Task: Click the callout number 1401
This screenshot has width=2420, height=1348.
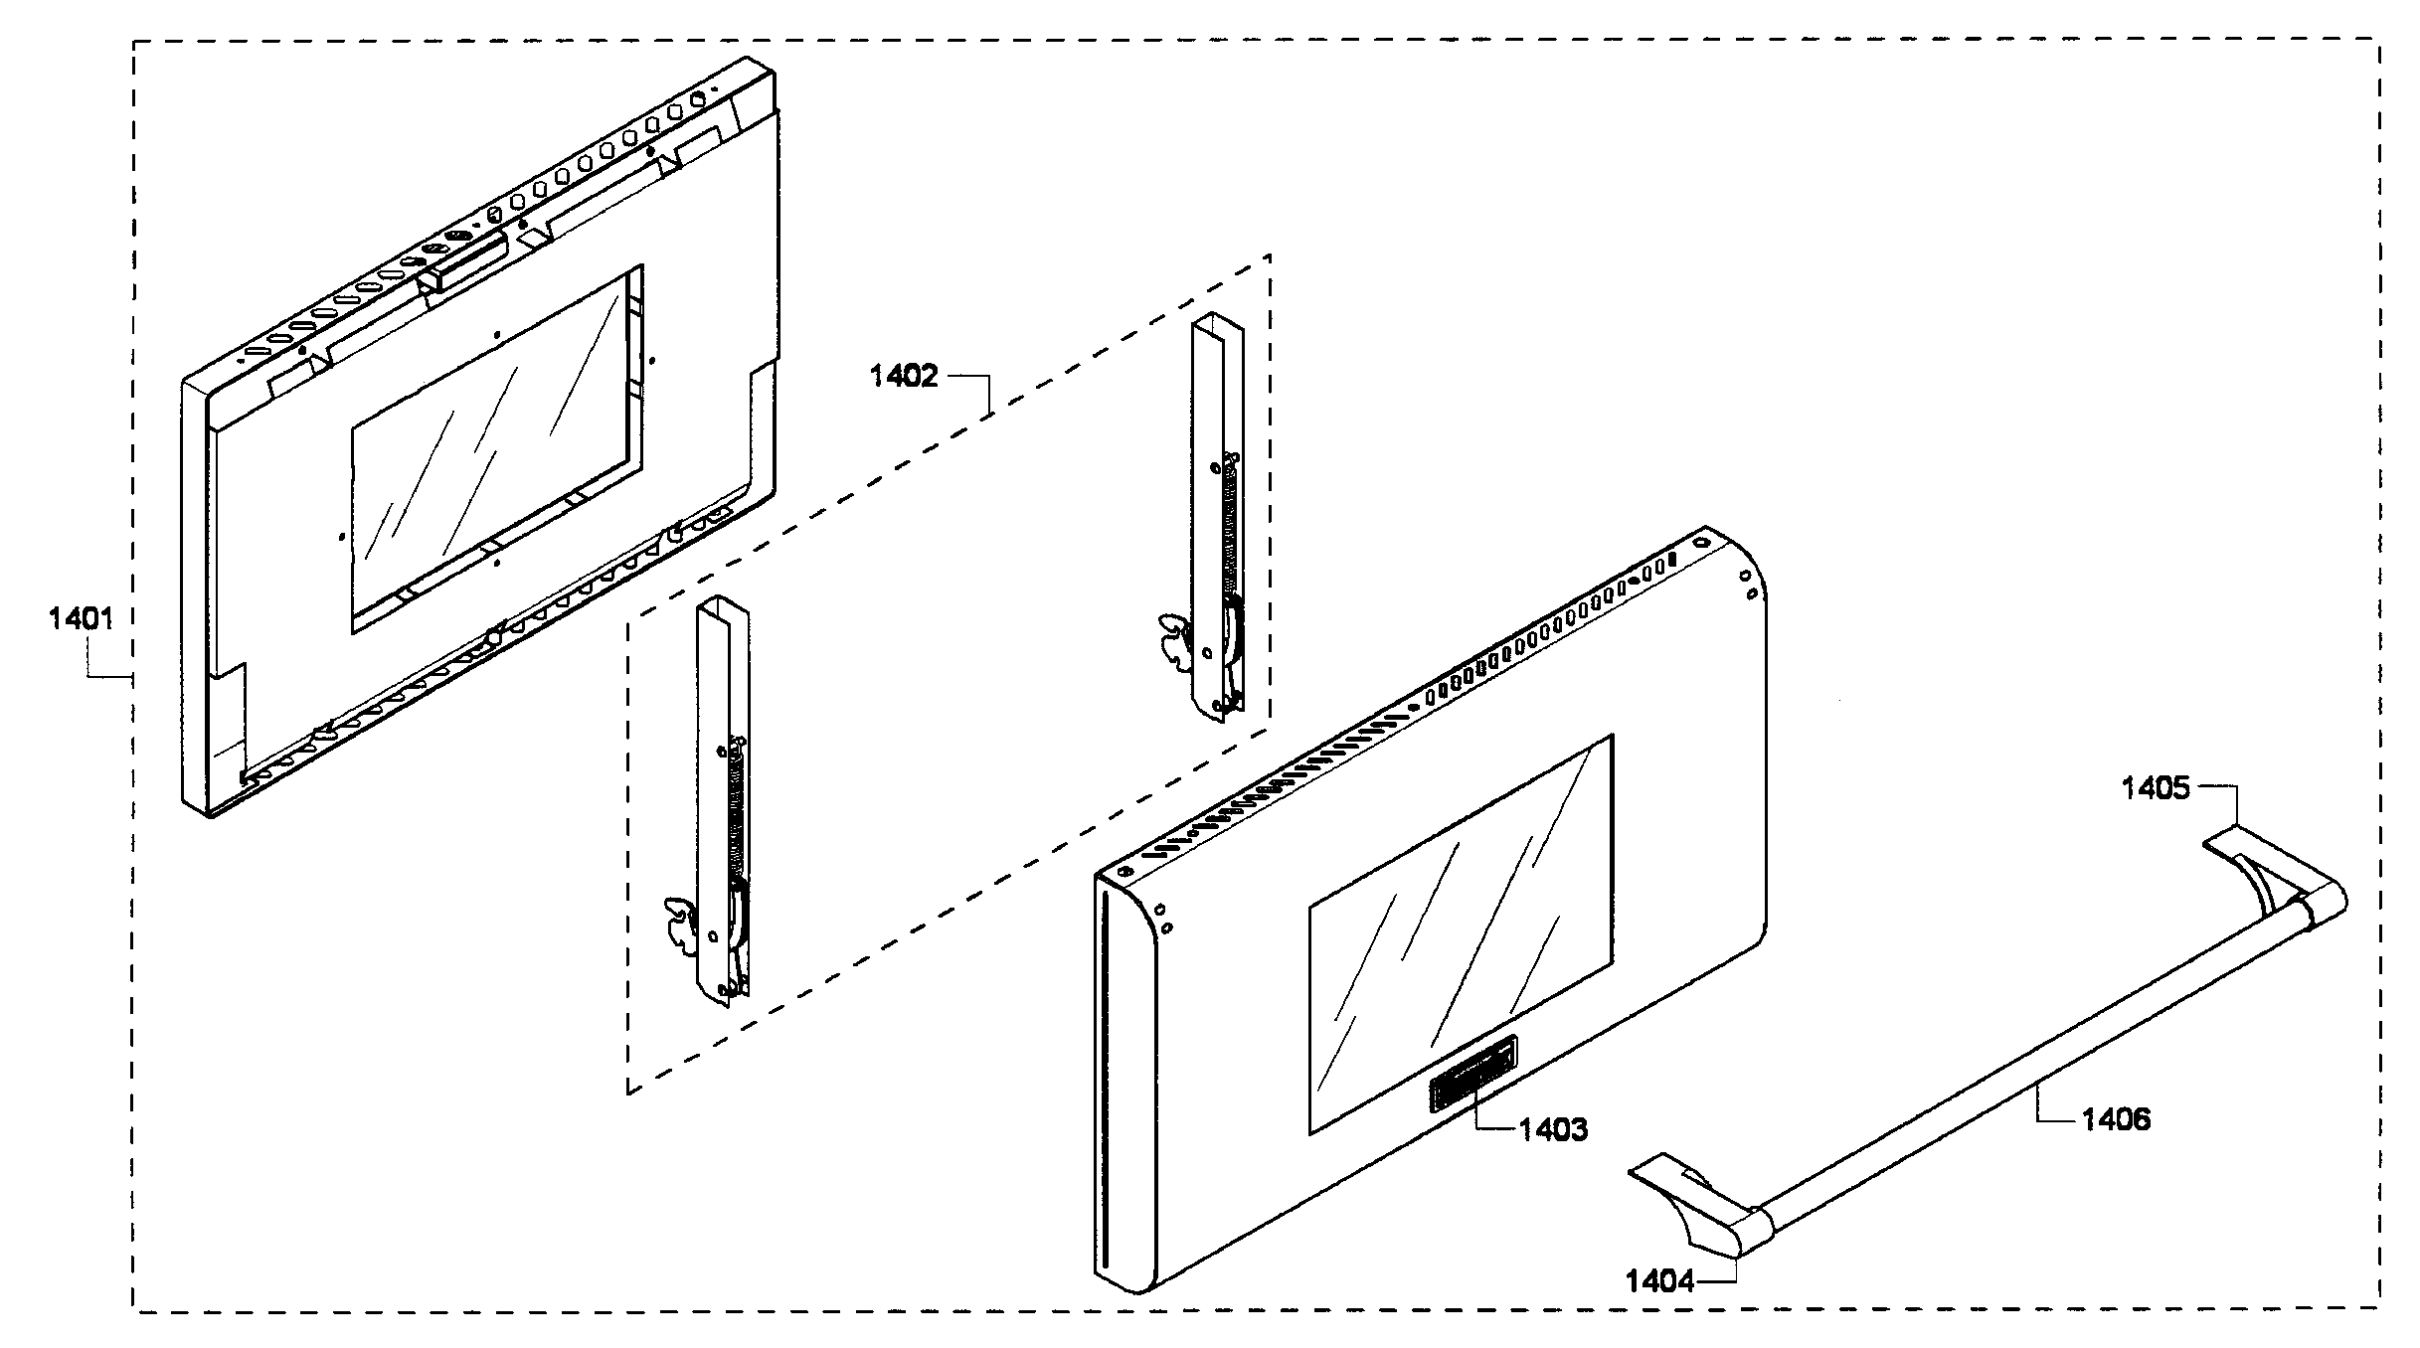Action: pos(81,619)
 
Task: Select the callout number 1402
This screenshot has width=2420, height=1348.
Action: pos(903,377)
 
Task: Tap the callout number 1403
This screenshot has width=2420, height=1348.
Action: pos(1553,1129)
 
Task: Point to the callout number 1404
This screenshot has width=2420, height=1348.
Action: pos(1659,1281)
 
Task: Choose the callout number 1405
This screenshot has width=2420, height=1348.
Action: pos(2155,788)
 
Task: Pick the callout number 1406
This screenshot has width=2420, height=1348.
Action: pos(2116,1119)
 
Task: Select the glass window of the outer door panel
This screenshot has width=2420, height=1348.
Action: pos(1460,934)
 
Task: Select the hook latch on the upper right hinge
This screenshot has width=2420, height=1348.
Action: pos(1173,641)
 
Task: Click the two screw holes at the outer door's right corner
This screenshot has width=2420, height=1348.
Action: pos(1748,585)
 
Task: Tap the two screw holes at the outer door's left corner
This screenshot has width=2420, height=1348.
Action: pos(1162,917)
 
